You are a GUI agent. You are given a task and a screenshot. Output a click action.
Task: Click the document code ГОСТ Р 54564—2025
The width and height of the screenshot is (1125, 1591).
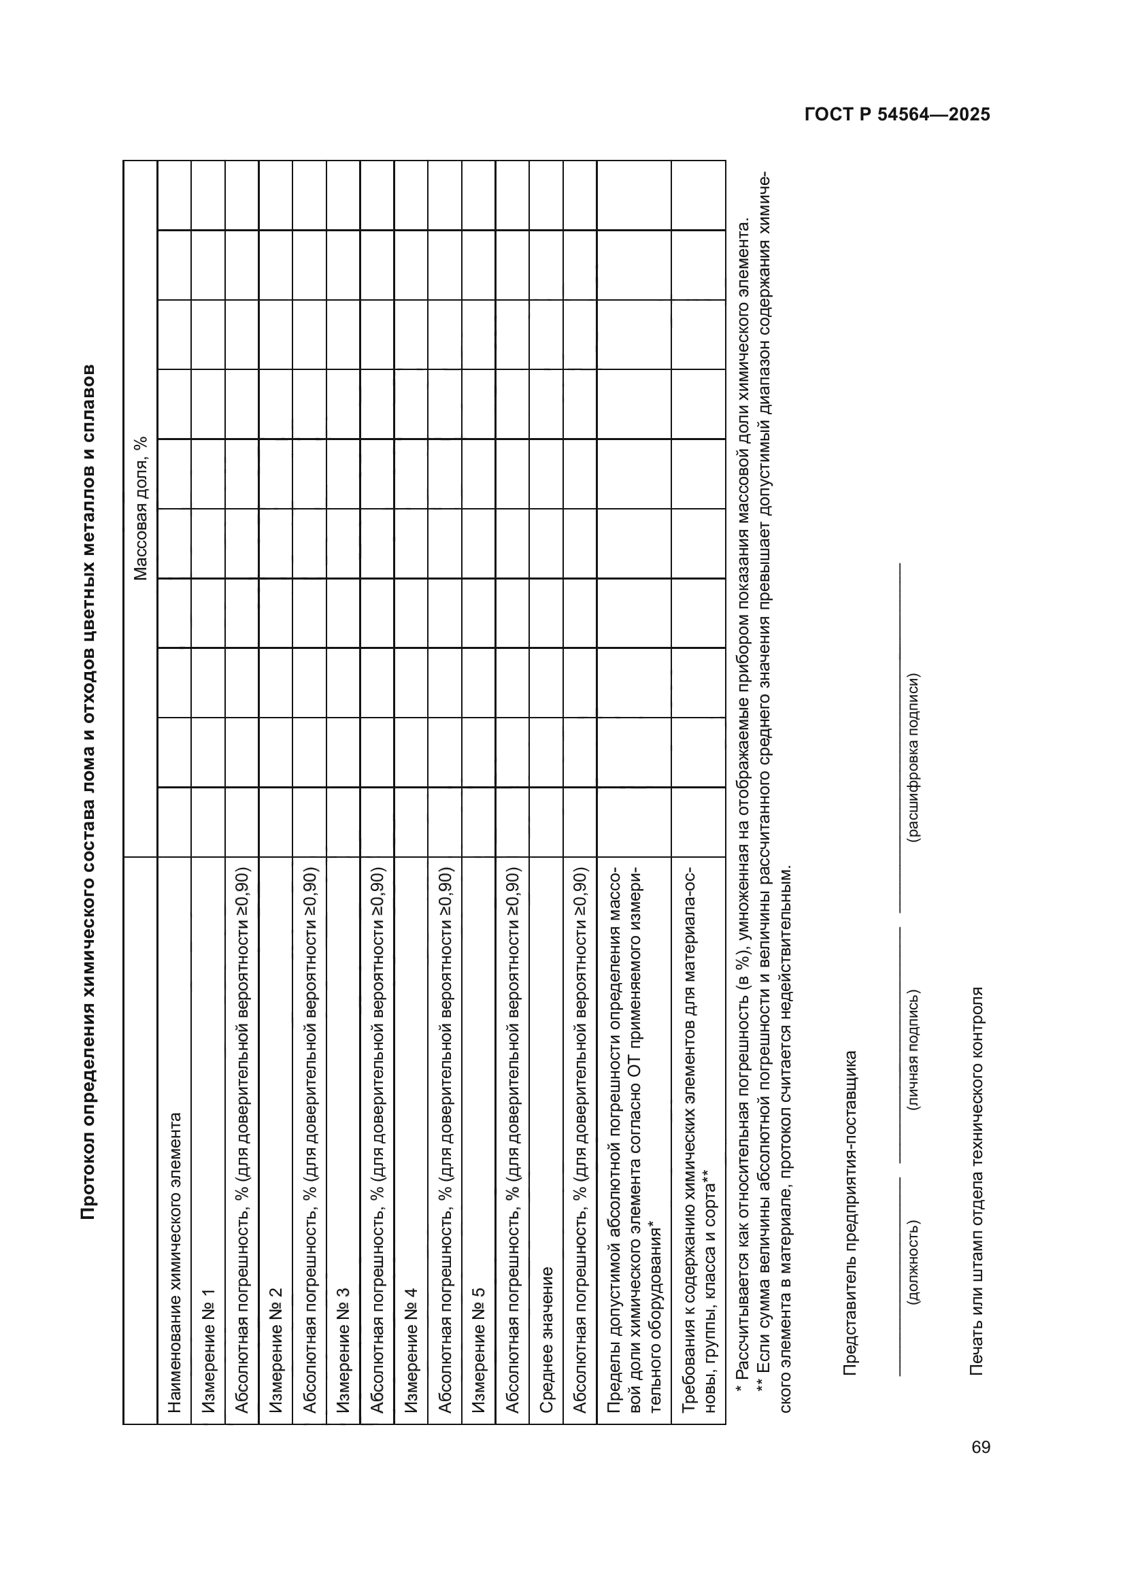click(897, 115)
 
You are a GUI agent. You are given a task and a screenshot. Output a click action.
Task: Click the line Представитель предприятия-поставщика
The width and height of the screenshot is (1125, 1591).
click(851, 1213)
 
